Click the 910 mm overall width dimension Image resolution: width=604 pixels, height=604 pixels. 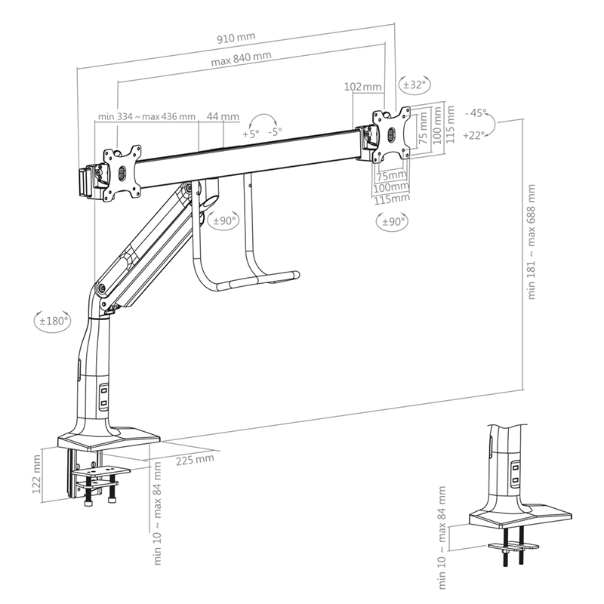click(x=235, y=36)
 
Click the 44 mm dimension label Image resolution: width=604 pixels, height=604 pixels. click(x=223, y=117)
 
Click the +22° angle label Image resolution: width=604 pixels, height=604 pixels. click(x=473, y=135)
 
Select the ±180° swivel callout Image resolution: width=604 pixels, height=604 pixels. click(x=53, y=320)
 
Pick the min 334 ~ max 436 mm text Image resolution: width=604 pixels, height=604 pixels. click(x=146, y=117)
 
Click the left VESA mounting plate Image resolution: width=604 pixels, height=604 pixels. click(x=121, y=172)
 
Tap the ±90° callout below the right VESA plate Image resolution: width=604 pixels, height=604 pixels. click(x=391, y=221)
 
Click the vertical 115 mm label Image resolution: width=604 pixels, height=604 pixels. click(x=451, y=124)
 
